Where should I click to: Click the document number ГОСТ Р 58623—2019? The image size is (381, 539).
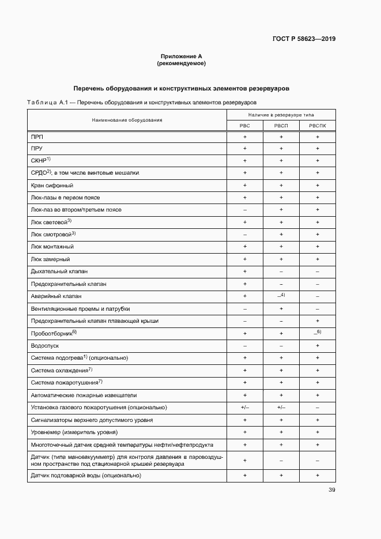point(304,39)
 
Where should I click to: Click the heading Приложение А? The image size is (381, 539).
point(181,56)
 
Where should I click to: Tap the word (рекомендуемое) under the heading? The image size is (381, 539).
point(181,63)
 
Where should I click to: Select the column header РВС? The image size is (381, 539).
point(245,125)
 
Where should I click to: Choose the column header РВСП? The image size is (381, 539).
point(281,125)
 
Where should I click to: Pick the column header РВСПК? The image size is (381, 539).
point(317,125)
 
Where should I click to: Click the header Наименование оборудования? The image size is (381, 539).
point(126,120)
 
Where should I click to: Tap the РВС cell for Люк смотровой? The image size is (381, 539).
point(245,235)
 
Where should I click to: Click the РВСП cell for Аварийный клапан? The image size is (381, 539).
point(281,296)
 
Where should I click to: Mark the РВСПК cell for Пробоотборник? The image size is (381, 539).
point(317,333)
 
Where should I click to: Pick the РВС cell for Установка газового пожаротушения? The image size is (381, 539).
point(245,408)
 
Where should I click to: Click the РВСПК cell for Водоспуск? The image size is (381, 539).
point(317,346)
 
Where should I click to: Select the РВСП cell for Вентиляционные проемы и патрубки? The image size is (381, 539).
point(281,308)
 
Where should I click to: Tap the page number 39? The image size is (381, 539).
point(331,490)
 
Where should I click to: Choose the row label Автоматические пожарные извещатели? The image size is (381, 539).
point(84,395)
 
